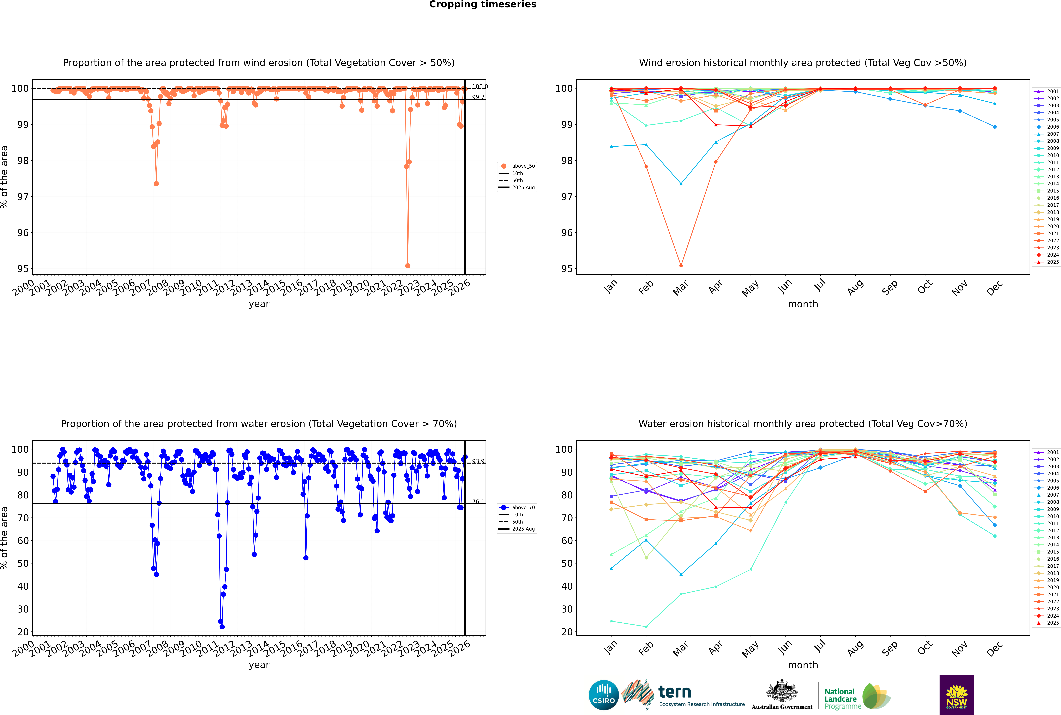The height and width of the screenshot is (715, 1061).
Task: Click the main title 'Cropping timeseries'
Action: pos(483,5)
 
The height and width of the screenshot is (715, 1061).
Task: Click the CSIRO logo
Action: pos(603,695)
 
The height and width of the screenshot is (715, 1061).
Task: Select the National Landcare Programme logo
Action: pos(857,696)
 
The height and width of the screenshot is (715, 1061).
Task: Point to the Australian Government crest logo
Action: pos(782,695)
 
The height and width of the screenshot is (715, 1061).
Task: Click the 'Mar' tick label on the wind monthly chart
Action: pos(680,288)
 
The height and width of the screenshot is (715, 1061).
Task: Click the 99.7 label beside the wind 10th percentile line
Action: pos(478,97)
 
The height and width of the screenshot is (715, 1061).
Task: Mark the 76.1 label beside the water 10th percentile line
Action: pos(478,502)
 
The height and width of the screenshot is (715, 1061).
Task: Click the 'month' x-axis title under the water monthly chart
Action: pos(803,665)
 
